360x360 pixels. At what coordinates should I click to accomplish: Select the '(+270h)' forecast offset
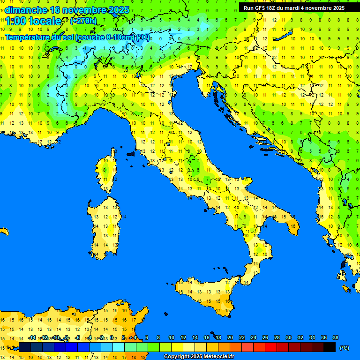(83, 21)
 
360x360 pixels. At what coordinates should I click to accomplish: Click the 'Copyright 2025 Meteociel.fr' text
(199, 357)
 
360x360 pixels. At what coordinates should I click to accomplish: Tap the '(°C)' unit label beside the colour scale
(344, 348)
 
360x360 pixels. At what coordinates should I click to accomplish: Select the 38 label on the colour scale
(336, 337)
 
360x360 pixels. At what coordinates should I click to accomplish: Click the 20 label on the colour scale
(230, 337)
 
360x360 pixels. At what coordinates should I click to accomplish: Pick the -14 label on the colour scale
(32, 337)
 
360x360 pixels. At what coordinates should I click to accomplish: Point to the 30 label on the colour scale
(289, 337)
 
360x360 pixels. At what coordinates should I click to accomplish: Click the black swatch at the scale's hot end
(330, 347)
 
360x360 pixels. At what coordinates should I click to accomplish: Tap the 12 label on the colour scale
(183, 337)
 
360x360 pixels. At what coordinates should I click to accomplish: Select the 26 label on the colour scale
(265, 337)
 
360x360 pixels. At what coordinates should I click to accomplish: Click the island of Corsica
(108, 171)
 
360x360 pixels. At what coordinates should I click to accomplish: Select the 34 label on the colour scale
(312, 337)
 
